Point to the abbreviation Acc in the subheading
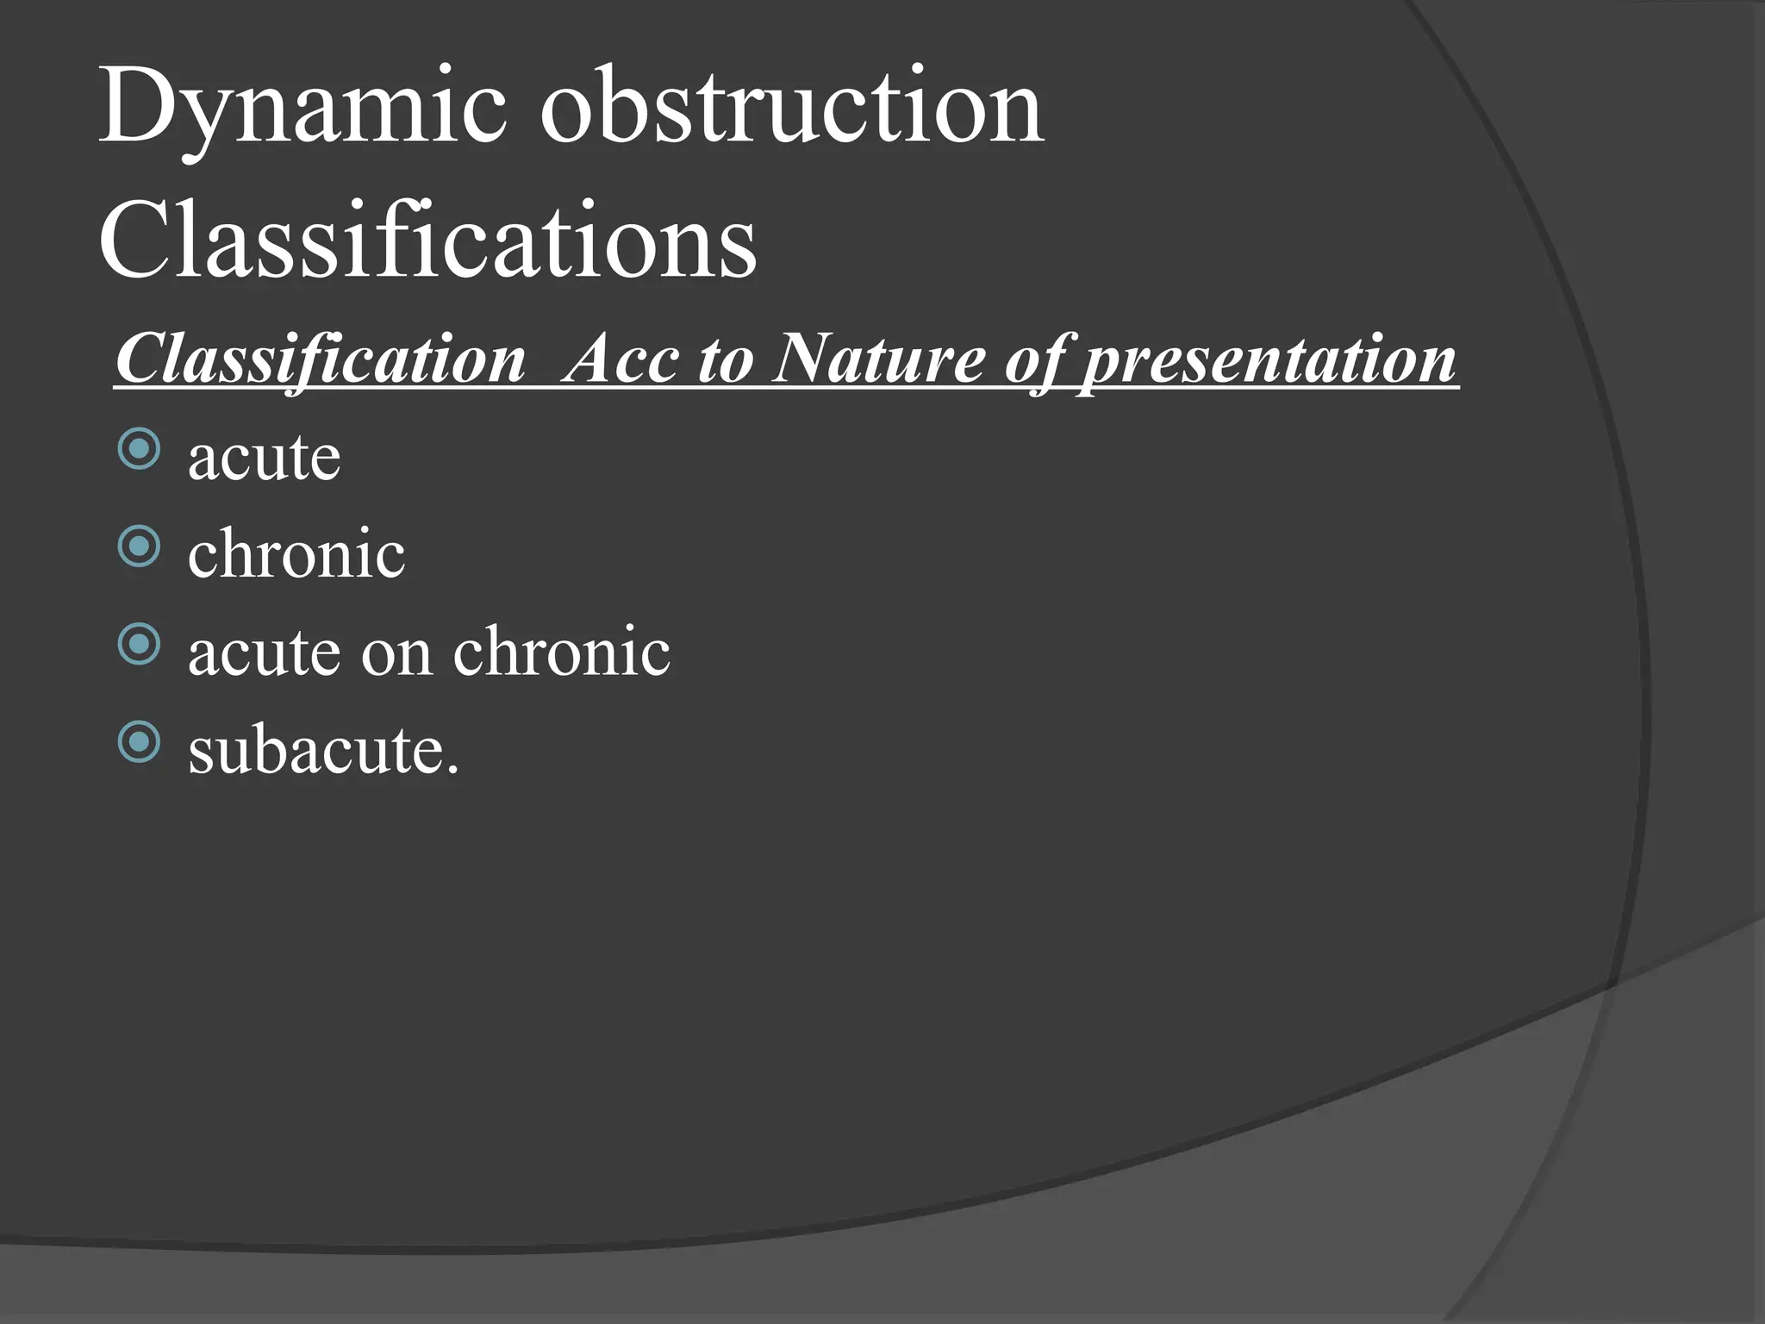[621, 359]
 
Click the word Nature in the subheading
[878, 359]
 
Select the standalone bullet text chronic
[296, 553]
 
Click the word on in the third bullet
[396, 652]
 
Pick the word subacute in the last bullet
[315, 749]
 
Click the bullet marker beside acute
[139, 449]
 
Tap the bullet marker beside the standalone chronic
[139, 546]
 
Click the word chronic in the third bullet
[561, 652]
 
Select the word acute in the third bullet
[264, 652]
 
